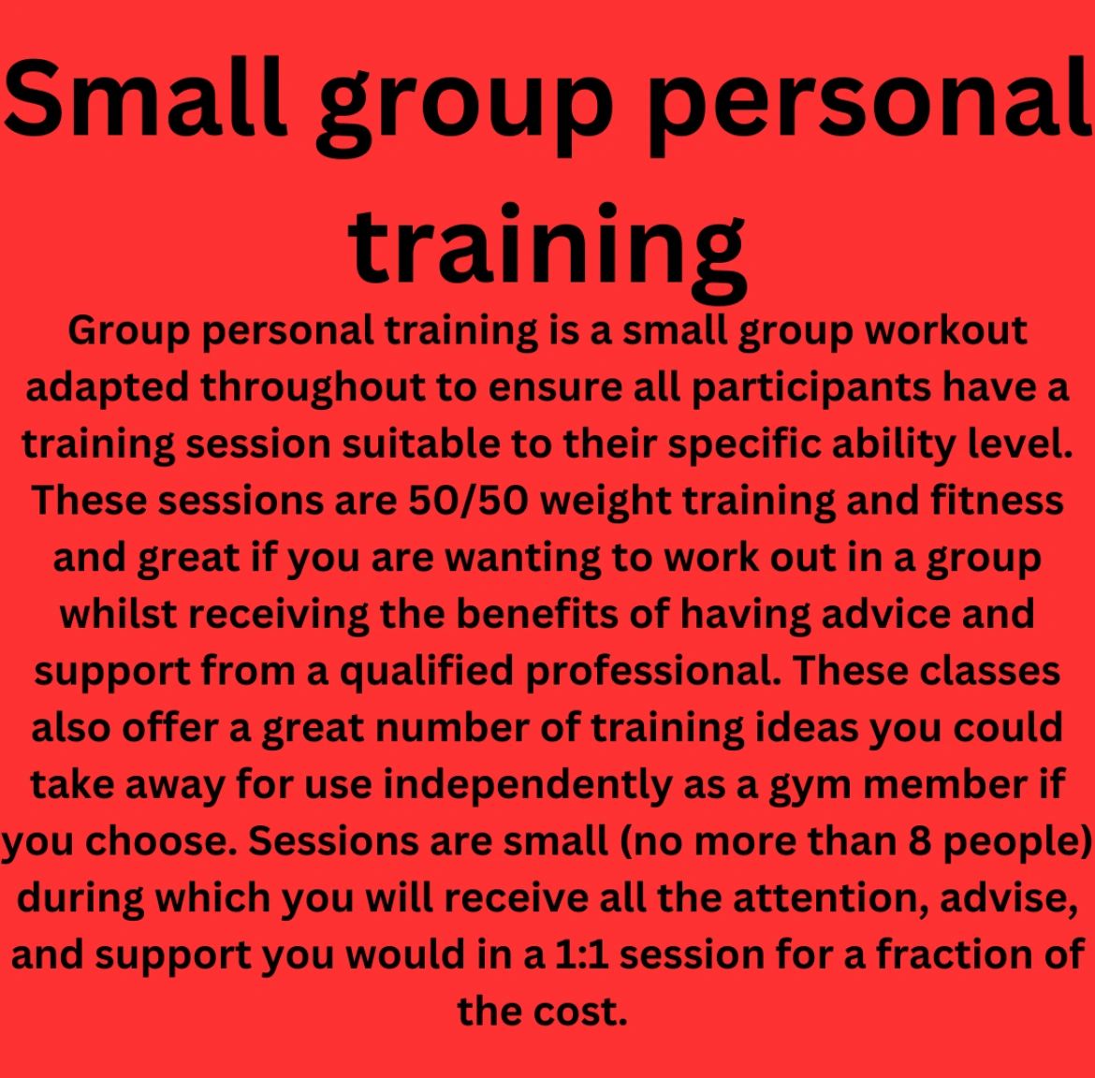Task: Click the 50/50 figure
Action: [x=468, y=500]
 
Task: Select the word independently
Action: [x=527, y=784]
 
